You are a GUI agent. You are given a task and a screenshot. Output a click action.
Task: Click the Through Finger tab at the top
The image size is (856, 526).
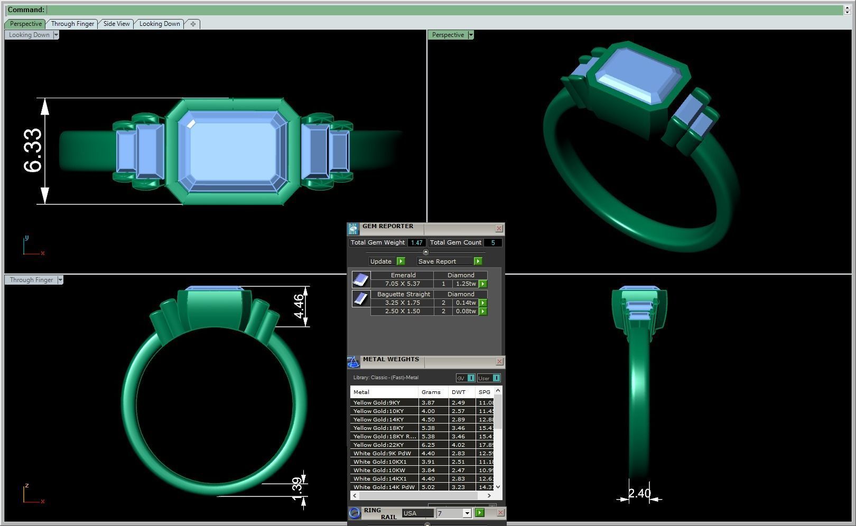[72, 24]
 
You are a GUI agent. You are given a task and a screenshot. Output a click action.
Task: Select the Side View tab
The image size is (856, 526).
[116, 24]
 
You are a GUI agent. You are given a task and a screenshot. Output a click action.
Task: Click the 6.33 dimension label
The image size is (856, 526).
[33, 151]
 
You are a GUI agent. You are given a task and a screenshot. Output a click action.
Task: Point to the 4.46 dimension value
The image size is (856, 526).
[299, 306]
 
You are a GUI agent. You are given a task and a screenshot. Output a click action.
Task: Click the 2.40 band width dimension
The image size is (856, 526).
[639, 493]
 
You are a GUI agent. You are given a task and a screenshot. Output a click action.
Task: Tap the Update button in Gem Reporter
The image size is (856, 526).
[381, 261]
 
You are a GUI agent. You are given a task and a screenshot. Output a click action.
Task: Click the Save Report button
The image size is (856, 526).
[437, 261]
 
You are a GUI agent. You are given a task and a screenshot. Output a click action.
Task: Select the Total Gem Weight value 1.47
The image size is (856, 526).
[416, 243]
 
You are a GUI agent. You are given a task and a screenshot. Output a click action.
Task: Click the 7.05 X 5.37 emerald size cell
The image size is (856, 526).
[402, 284]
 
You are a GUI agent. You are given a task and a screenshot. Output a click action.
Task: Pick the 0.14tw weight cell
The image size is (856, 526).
[466, 303]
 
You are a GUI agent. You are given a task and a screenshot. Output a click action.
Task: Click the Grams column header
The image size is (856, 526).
[431, 392]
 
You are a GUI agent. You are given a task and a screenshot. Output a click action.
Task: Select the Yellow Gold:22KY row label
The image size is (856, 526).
[378, 445]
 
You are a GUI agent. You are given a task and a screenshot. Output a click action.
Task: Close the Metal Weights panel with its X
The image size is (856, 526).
[499, 362]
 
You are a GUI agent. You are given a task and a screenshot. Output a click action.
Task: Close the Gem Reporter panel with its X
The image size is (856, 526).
[499, 229]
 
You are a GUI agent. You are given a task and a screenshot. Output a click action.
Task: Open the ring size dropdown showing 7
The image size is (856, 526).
[467, 513]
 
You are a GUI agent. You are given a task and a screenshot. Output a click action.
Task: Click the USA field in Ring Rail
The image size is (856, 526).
[417, 513]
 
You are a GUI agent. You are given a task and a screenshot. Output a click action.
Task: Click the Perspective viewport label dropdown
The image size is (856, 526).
[471, 35]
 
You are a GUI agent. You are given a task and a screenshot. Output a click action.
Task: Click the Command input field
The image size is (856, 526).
[444, 10]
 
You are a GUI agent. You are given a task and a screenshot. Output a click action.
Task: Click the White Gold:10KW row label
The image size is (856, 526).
[379, 471]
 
